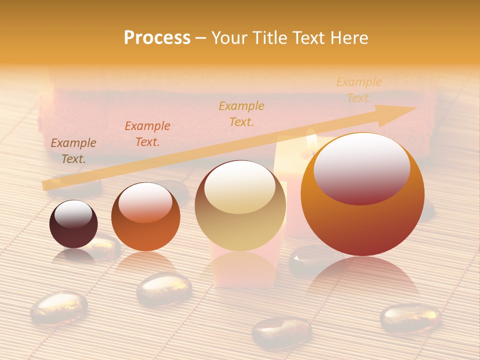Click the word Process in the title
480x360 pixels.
[x=157, y=38]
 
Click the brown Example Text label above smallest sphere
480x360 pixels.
[x=73, y=151]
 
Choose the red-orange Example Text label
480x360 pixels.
[x=147, y=134]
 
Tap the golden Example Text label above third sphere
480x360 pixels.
[x=241, y=113]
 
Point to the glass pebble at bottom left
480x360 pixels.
[x=58, y=306]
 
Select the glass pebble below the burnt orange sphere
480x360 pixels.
[x=164, y=288]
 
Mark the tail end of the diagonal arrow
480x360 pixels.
[x=46, y=186]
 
